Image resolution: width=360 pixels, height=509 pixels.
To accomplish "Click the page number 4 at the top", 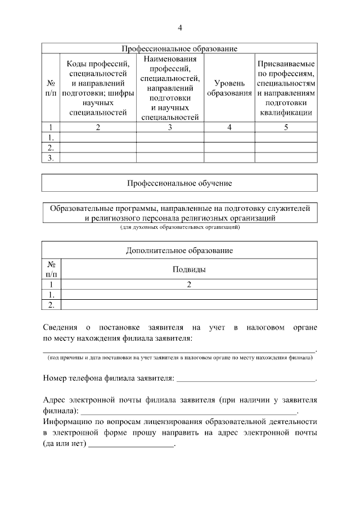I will (x=180, y=28).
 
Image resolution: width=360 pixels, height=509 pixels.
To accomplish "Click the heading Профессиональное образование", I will (x=180, y=48).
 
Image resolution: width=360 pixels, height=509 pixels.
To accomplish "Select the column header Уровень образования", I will (x=229, y=87).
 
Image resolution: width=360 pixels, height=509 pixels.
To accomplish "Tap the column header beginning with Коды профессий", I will (x=98, y=88).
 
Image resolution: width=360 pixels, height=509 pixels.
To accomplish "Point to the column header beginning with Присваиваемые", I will (x=286, y=88).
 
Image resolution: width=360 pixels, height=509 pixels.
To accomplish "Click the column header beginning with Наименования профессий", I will (x=170, y=88).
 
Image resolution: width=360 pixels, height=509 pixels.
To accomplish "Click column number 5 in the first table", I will (x=286, y=127).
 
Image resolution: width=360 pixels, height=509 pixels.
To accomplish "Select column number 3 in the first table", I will (x=170, y=127).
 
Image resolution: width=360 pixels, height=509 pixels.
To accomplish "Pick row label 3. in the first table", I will (x=51, y=158).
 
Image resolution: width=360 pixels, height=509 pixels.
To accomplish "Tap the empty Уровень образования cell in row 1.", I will (x=229, y=137).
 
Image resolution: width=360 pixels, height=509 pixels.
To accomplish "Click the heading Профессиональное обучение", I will (x=180, y=183).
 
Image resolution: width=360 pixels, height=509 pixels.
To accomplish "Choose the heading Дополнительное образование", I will (x=180, y=250).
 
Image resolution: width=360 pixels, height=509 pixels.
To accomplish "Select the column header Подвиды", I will (x=189, y=269).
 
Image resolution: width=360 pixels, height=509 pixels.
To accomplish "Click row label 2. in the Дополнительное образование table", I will (x=51, y=305).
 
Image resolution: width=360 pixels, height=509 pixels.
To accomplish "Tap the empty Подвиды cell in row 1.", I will (x=189, y=295).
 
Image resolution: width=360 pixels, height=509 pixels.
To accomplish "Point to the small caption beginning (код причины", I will (x=180, y=358).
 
